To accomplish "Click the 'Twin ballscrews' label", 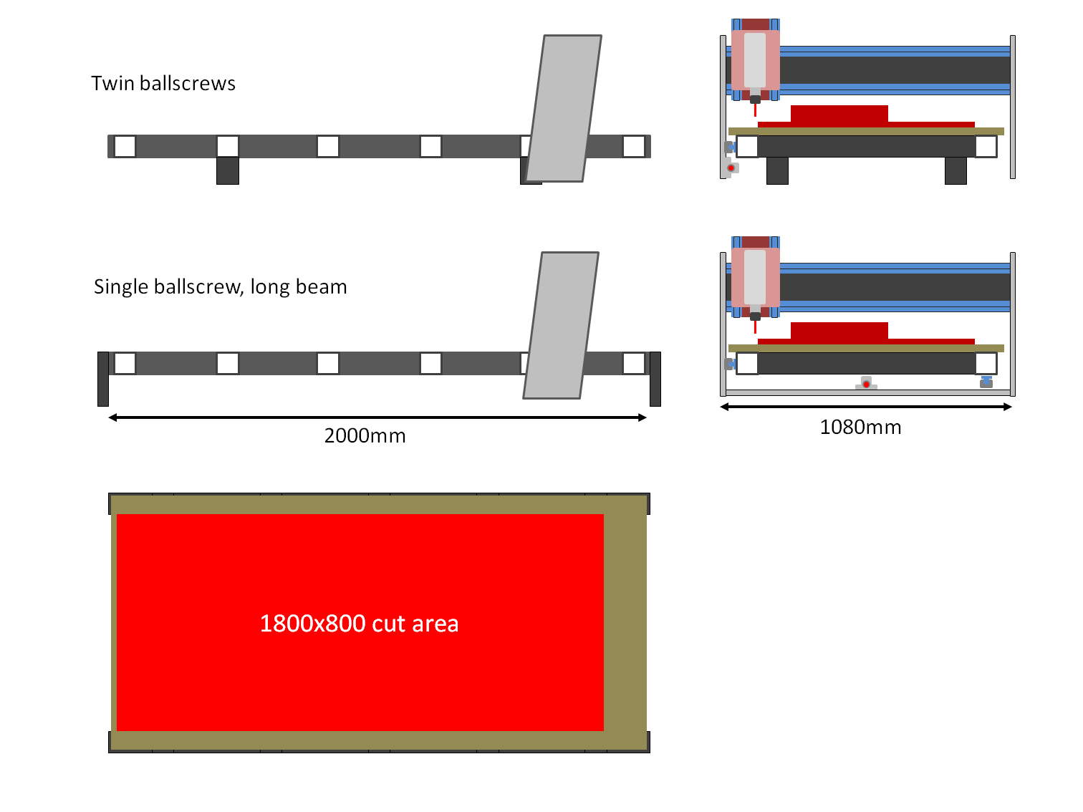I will [x=163, y=84].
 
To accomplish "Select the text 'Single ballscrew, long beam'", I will [x=220, y=287].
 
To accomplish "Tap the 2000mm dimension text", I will [x=365, y=435].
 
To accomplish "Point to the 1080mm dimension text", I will [x=860, y=427].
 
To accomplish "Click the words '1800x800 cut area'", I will [x=359, y=624].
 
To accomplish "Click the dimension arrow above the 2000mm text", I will [x=377, y=417].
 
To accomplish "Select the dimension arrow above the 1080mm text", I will [x=865, y=407].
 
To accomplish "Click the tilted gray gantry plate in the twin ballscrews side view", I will [x=564, y=107].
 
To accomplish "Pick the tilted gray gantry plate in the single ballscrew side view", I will [x=561, y=325].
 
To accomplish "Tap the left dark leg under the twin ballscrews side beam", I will [x=227, y=171].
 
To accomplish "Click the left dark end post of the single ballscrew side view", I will [x=103, y=379].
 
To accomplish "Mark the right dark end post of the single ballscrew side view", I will [x=655, y=379].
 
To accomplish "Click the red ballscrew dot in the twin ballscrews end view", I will [x=731, y=168].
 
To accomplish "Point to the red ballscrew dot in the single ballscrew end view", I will [x=866, y=385].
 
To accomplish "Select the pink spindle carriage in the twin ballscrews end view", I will [x=755, y=60].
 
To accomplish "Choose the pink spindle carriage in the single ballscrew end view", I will [x=755, y=277].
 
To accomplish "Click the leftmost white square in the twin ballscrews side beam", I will [x=125, y=146].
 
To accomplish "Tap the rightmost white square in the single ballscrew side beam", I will [x=633, y=363].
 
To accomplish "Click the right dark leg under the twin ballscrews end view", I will [x=956, y=171].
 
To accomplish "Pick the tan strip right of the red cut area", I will [x=625, y=623].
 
